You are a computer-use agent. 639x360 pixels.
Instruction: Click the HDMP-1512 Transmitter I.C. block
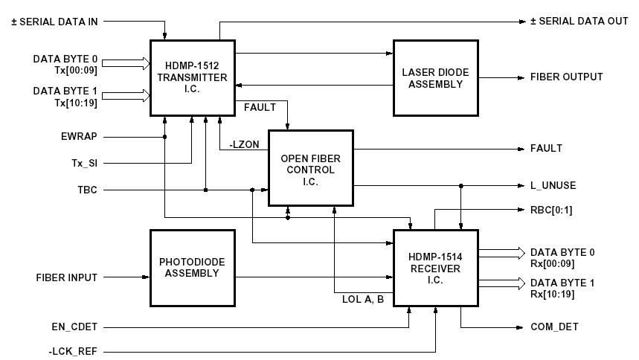[192, 78]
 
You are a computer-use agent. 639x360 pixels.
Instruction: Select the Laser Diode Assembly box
[435, 77]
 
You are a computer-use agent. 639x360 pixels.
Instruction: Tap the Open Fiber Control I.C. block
[310, 168]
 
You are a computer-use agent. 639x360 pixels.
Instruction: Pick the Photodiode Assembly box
[192, 268]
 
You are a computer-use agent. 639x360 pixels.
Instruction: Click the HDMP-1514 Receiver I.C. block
[435, 268]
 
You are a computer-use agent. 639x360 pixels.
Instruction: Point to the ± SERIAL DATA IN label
[54, 22]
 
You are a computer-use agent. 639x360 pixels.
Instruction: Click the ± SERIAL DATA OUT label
[579, 22]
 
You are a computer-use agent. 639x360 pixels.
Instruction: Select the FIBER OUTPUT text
[566, 77]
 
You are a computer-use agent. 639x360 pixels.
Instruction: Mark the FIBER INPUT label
[67, 278]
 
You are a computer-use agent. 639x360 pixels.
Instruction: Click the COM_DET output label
[554, 327]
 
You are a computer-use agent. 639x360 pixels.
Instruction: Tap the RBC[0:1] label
[550, 210]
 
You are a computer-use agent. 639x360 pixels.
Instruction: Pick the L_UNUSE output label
[553, 186]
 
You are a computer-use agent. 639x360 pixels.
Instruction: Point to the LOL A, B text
[362, 300]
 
